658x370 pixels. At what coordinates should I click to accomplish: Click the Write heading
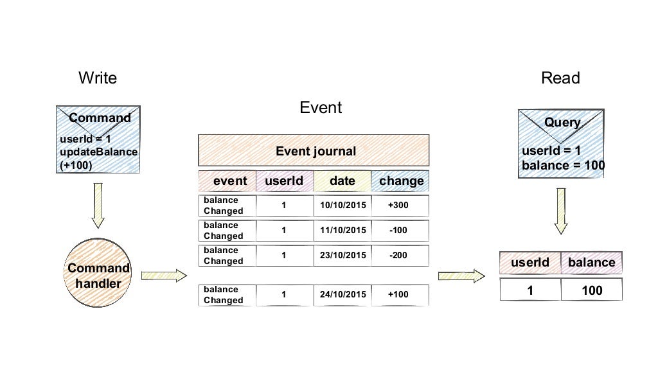98,78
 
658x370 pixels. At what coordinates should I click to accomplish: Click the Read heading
560,78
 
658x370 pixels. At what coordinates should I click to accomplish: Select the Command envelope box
100,141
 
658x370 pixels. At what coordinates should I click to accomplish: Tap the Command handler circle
99,274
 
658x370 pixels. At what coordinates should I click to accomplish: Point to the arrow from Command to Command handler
98,206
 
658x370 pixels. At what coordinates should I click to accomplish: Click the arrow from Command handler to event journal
164,276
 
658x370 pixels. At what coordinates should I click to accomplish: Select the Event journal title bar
314,152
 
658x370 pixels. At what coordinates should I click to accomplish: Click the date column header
342,181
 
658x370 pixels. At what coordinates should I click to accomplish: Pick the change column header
401,181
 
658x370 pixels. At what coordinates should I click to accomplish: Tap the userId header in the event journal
284,181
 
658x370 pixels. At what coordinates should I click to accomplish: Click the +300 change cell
398,206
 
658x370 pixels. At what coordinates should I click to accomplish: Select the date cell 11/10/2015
342,230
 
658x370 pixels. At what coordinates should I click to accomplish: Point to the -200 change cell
398,255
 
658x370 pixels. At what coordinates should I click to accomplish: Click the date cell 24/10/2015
342,294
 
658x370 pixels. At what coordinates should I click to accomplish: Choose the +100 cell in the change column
398,294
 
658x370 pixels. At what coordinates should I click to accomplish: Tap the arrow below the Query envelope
561,219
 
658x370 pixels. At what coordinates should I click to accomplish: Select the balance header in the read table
591,263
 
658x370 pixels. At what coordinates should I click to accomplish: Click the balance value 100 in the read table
591,290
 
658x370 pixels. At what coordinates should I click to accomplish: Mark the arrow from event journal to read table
461,276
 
